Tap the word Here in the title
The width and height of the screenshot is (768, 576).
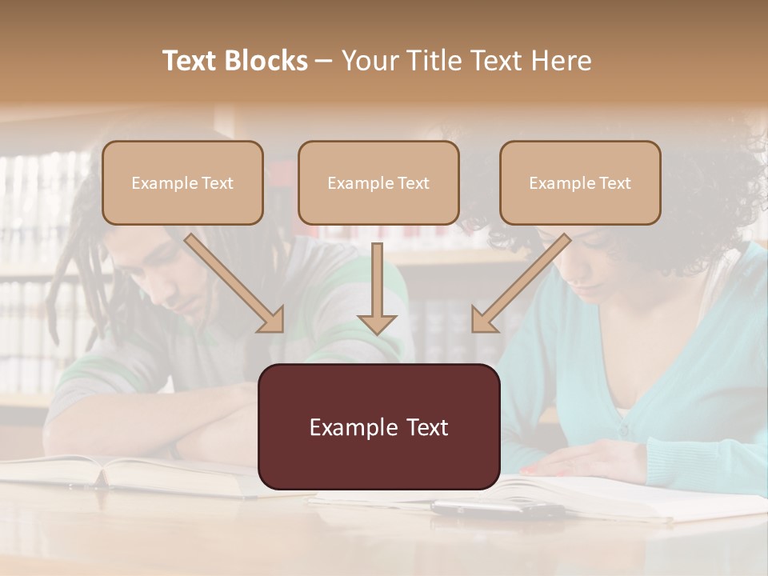[563, 61]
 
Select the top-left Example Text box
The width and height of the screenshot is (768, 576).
[182, 183]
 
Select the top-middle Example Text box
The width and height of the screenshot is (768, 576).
[378, 183]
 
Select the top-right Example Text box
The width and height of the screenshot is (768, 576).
[580, 183]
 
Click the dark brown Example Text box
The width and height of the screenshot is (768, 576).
[378, 427]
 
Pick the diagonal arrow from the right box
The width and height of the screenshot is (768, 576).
[520, 284]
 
